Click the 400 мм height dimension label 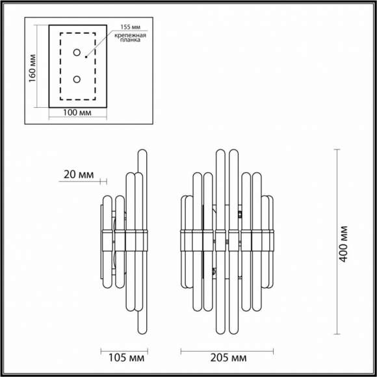click(x=345, y=243)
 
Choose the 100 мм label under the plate click(x=77, y=112)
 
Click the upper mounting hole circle click(x=77, y=52)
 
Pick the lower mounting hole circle click(x=77, y=79)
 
